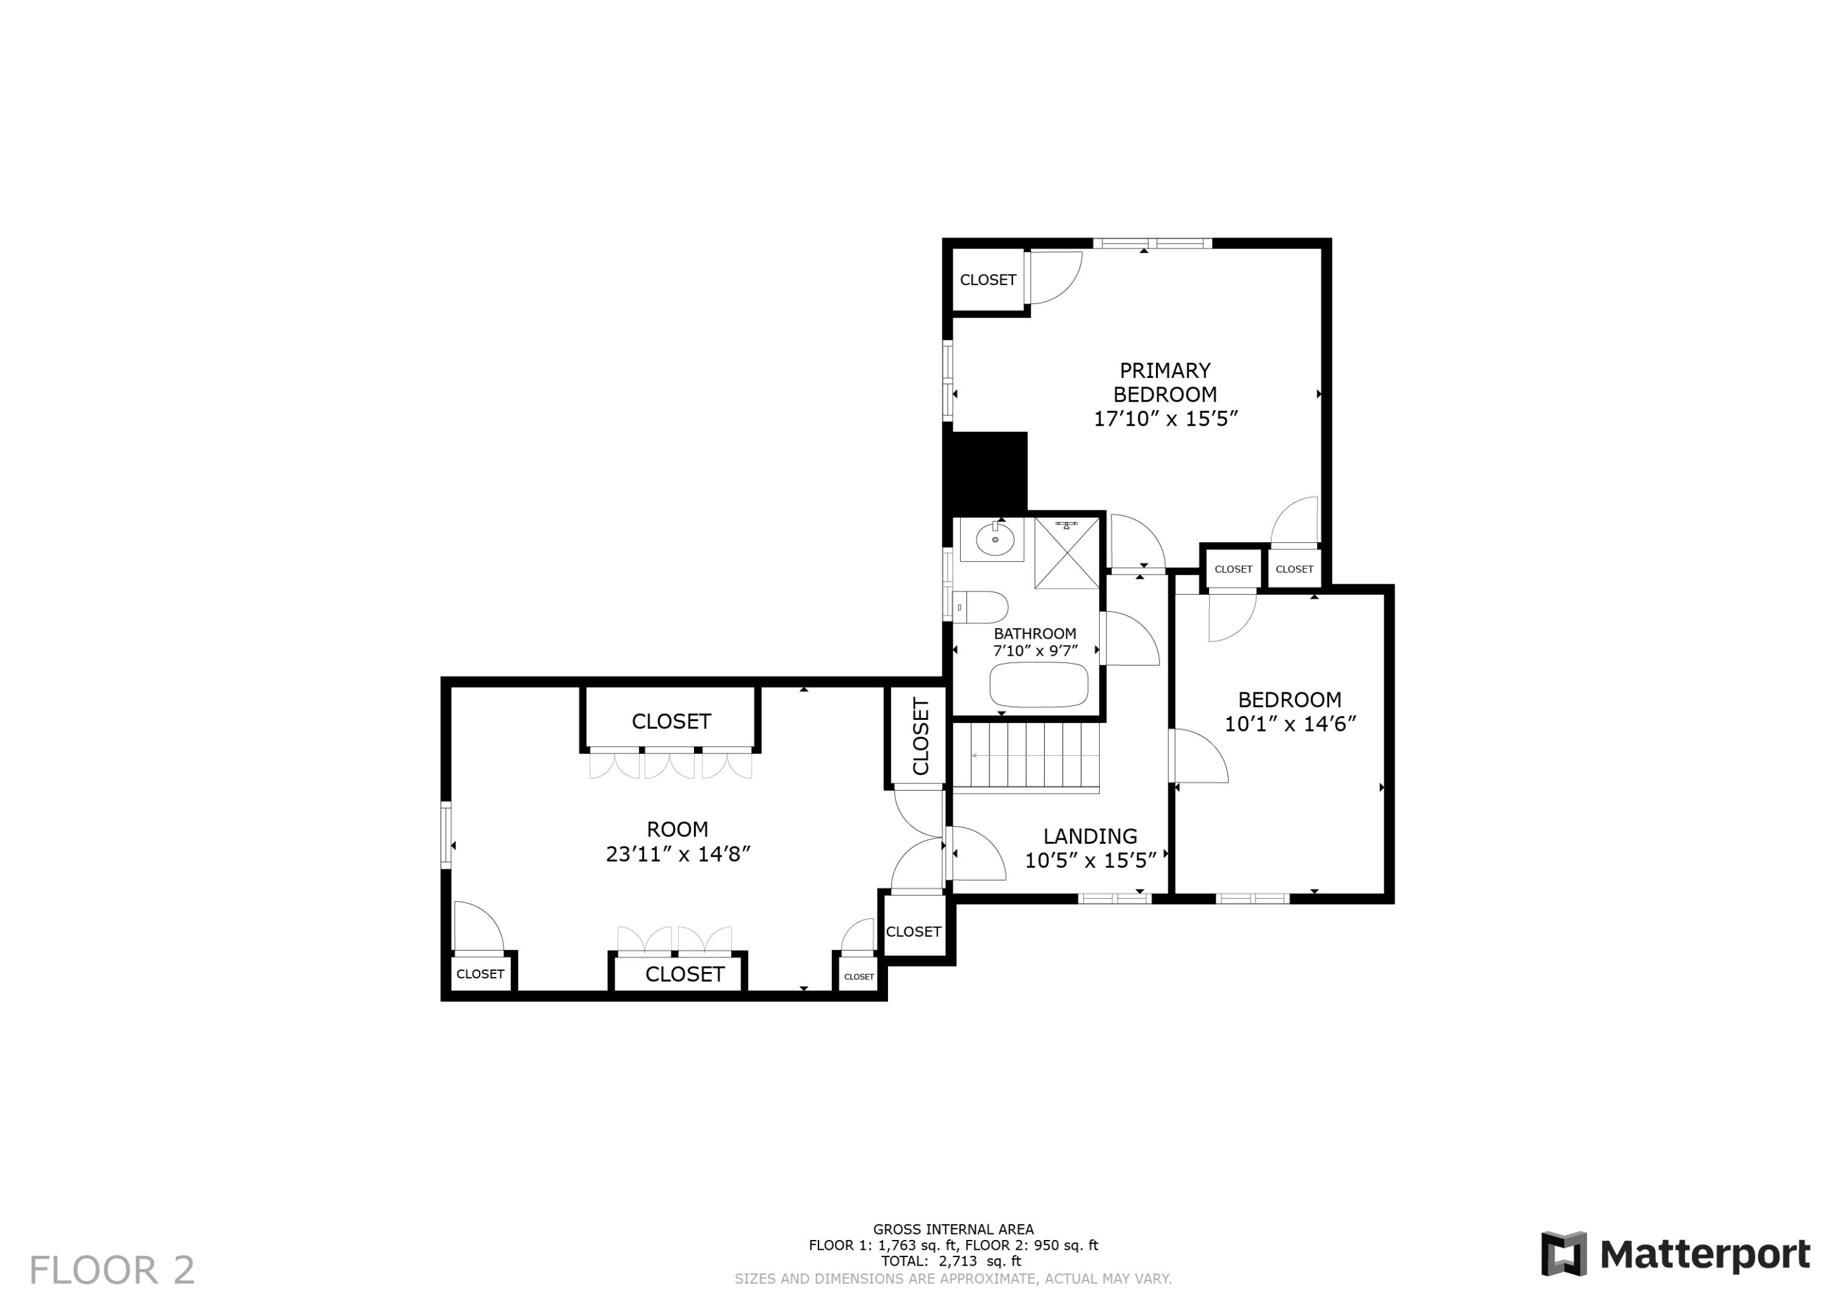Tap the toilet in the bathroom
(x=981, y=608)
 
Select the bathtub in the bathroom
(x=1038, y=684)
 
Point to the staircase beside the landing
(x=1027, y=756)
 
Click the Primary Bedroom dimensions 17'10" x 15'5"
(x=1165, y=419)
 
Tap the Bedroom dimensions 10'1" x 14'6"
(x=1290, y=724)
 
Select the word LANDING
(x=1090, y=836)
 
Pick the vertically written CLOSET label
(x=921, y=736)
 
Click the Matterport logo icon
(x=1563, y=1253)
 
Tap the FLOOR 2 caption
(x=112, y=1270)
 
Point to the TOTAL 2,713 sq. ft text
(x=950, y=1261)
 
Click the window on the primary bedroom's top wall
(x=1152, y=244)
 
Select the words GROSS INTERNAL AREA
(x=953, y=1230)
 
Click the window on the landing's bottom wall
(x=1114, y=899)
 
